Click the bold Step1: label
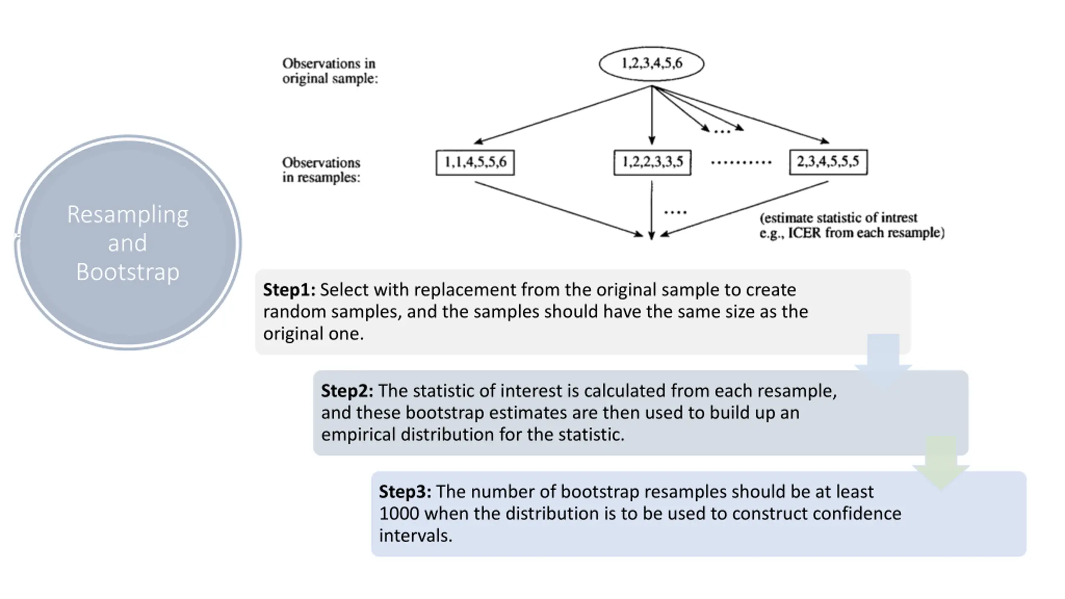point(289,290)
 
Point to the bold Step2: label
point(347,391)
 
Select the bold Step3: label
point(405,492)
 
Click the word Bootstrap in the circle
point(128,272)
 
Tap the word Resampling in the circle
point(128,215)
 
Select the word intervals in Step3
point(416,536)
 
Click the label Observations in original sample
point(330,71)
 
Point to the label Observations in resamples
point(321,170)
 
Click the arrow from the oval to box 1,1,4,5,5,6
point(563,115)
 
